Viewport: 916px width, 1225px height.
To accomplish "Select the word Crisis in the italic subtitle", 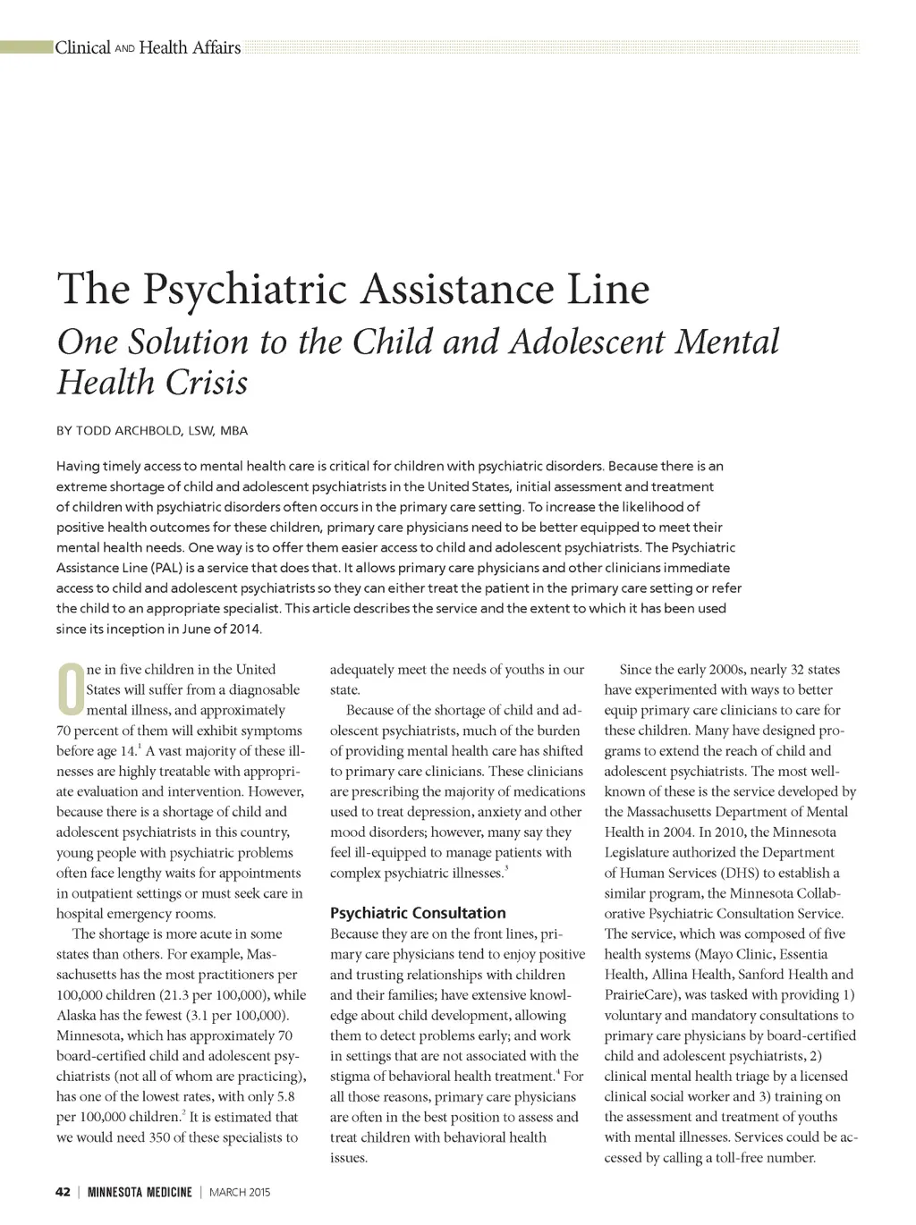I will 208,383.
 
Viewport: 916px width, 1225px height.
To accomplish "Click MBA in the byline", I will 233,431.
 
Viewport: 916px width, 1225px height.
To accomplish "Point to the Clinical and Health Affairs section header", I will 148,47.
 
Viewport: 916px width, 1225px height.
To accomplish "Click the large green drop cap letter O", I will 70,690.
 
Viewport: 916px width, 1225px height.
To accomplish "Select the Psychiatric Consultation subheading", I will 418,913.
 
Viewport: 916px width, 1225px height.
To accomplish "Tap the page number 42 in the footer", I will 63,1192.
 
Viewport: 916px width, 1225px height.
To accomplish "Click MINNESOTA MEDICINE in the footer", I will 140,1192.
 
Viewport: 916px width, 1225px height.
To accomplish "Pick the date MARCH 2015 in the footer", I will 239,1192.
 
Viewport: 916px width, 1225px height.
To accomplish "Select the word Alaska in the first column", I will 77,1015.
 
